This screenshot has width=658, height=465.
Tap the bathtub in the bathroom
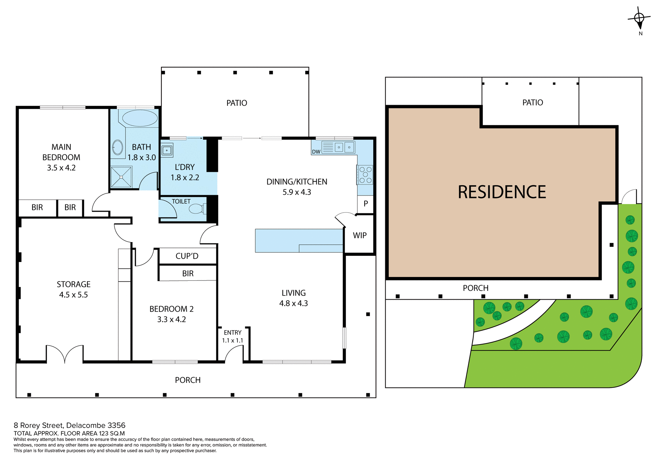pyautogui.click(x=140, y=118)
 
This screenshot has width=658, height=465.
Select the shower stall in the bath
pyautogui.click(x=121, y=177)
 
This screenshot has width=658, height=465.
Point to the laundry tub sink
pyautogui.click(x=167, y=150)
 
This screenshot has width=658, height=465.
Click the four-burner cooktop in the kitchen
pyautogui.click(x=365, y=175)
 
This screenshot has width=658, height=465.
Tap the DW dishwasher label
pyautogui.click(x=316, y=152)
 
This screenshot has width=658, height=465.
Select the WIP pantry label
pyautogui.click(x=360, y=236)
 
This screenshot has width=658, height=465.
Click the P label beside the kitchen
pyautogui.click(x=366, y=204)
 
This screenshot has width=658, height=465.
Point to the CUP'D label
pyautogui.click(x=187, y=256)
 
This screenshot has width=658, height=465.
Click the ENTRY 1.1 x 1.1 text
pyautogui.click(x=232, y=336)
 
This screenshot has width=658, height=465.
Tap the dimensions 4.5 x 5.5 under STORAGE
pyautogui.click(x=73, y=295)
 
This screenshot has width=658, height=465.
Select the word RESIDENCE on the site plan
pyautogui.click(x=502, y=192)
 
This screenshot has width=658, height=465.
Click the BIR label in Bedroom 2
pyautogui.click(x=188, y=274)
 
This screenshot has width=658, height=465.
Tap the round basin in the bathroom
pyautogui.click(x=118, y=148)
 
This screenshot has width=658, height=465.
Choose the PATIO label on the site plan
pyautogui.click(x=532, y=102)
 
